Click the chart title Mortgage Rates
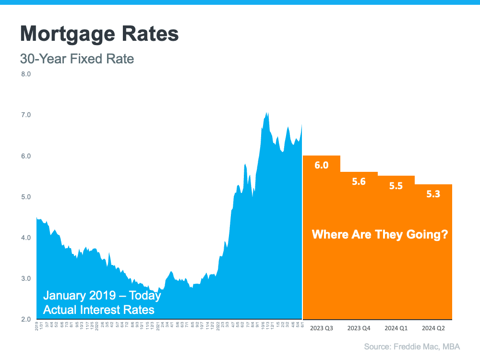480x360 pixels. point(99,34)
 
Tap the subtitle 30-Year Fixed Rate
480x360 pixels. point(77,59)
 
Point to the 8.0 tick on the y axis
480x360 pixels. point(26,74)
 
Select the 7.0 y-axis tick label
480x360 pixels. point(26,115)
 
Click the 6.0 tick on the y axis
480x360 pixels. point(26,156)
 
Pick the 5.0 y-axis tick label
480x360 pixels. point(26,197)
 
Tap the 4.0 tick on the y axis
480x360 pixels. point(26,238)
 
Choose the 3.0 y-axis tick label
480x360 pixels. point(26,278)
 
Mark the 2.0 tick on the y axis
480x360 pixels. point(26,319)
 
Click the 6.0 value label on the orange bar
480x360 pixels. point(322,166)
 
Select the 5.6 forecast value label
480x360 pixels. point(359,182)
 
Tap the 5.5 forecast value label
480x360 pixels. point(396,186)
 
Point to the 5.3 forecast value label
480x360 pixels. point(433,194)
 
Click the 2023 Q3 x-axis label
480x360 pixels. point(322,329)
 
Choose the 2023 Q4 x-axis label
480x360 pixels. point(359,329)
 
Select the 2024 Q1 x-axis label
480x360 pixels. point(396,329)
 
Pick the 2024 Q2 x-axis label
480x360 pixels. point(433,329)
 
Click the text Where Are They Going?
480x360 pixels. point(380,235)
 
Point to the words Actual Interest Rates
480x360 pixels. point(99,310)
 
